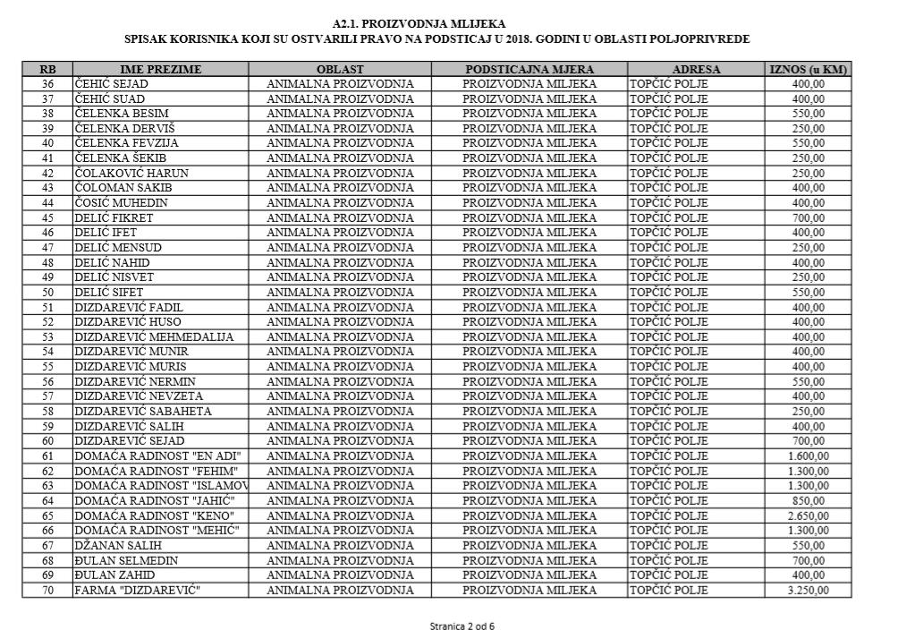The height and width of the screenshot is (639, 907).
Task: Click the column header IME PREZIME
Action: click(161, 69)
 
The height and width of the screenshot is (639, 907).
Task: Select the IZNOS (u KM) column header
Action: click(808, 69)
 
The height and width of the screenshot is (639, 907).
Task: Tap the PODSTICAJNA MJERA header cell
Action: click(529, 69)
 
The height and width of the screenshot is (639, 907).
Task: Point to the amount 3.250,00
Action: click(808, 591)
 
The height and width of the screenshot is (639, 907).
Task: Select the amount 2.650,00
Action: click(808, 516)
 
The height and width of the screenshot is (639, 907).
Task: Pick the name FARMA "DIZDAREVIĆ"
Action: click(136, 591)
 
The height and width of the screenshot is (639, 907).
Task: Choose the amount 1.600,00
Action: click(808, 456)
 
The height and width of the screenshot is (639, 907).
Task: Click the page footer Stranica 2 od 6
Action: click(462, 626)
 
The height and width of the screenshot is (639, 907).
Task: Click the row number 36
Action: click(47, 84)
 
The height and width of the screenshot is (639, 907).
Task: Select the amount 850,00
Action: click(808, 501)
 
